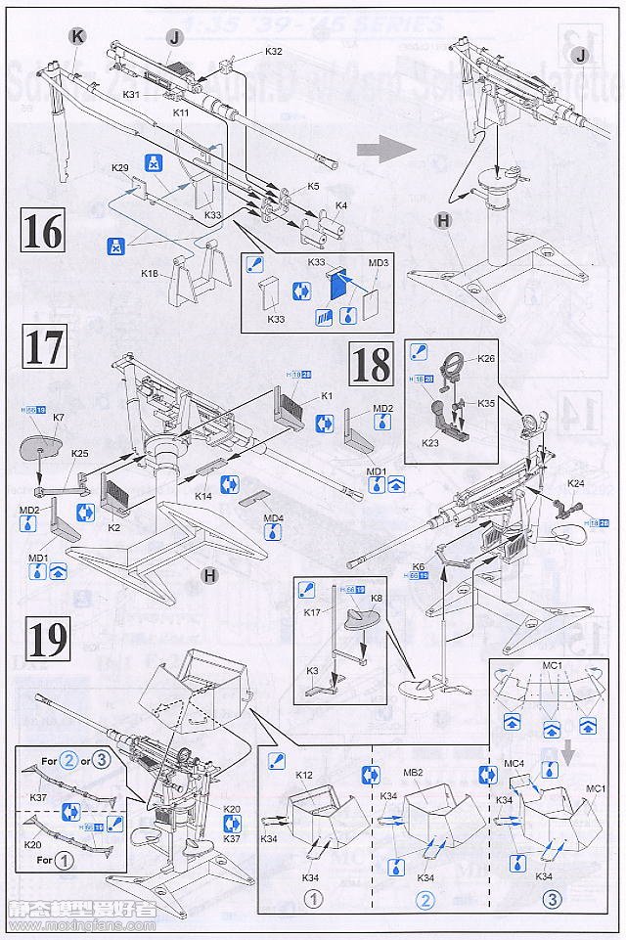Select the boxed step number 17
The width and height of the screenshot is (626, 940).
44,349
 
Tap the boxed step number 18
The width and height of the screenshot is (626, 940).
372,364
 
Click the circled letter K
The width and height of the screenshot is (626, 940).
77,36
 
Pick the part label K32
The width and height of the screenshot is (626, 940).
273,51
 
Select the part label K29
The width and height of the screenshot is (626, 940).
120,168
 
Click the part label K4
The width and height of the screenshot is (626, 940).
341,206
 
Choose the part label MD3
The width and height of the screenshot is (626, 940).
379,263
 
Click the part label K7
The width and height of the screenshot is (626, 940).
59,418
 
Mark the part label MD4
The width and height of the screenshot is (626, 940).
273,517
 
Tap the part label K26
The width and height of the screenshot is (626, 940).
486,358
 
